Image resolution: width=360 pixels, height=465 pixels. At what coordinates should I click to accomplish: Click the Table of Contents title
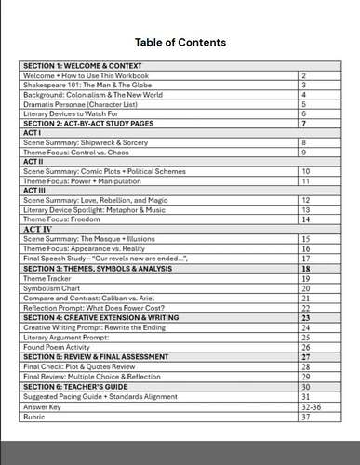(x=180, y=43)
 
